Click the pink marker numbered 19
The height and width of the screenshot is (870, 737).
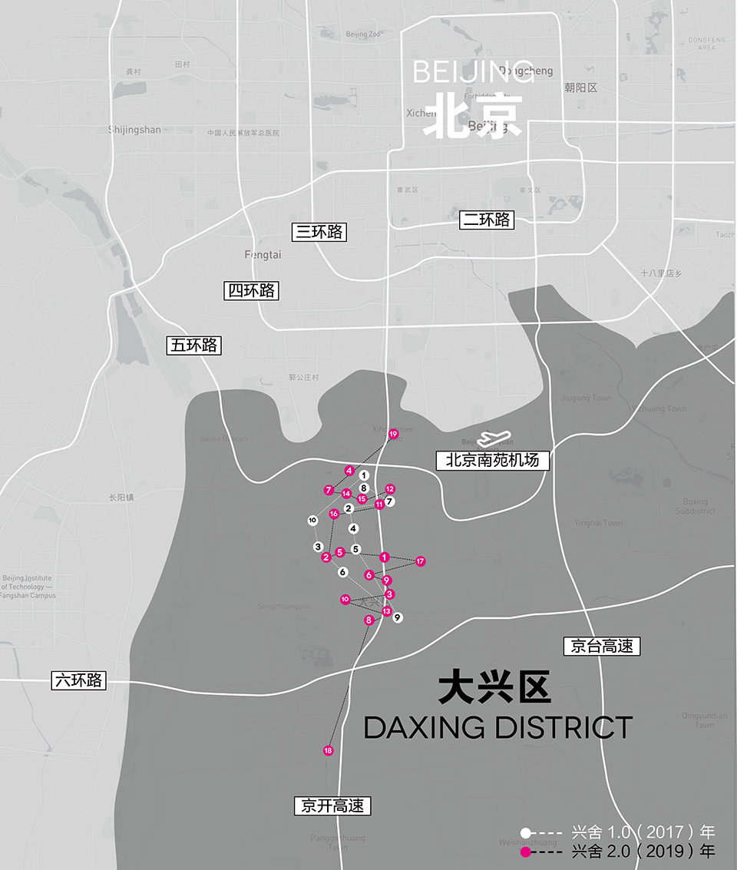(393, 435)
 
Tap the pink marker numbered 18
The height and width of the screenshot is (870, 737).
(329, 750)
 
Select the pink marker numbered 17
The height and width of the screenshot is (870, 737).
(420, 561)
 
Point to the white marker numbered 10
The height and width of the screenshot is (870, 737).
(312, 521)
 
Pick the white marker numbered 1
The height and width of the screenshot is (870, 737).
(364, 475)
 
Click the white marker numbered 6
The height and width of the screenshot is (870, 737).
(342, 572)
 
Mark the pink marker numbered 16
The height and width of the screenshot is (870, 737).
(334, 514)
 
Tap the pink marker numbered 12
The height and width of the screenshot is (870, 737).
(390, 489)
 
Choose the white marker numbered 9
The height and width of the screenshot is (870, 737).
(398, 617)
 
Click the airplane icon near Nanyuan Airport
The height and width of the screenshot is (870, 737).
(494, 439)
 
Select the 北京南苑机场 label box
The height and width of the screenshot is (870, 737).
(493, 461)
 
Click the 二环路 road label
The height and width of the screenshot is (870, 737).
(487, 220)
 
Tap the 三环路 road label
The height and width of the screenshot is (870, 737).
(319, 231)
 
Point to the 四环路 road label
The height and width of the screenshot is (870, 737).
(251, 290)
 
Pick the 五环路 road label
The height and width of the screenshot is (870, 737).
(194, 346)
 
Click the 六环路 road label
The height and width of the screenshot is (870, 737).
(79, 680)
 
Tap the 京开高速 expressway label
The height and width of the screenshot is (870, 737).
(332, 805)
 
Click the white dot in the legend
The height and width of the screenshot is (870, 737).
(526, 832)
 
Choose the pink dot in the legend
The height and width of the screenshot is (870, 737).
(526, 852)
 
